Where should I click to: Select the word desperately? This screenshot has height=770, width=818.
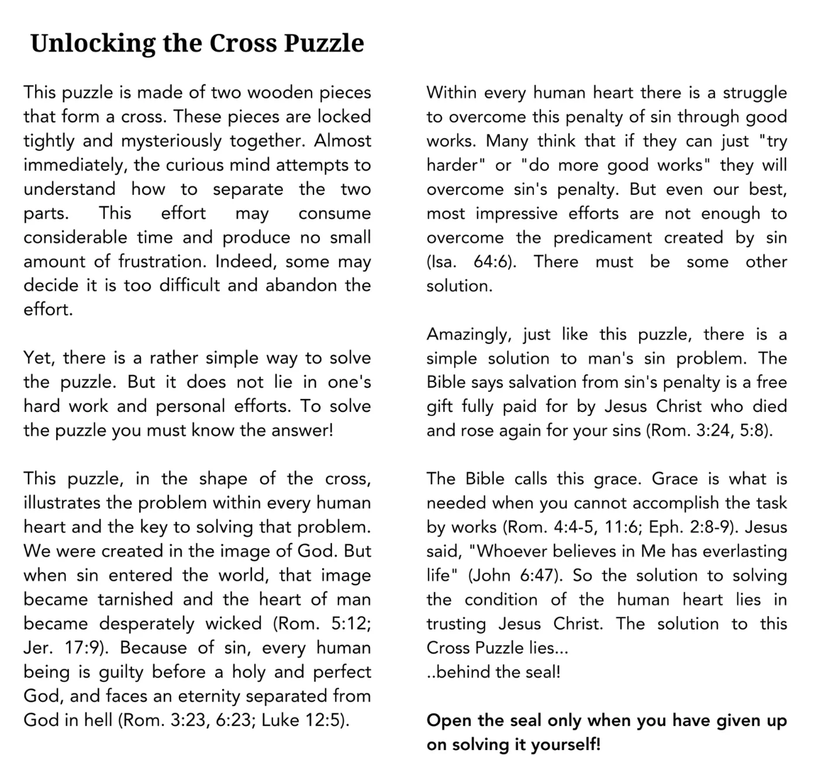pyautogui.click(x=147, y=624)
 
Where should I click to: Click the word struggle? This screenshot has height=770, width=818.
pyautogui.click(x=755, y=93)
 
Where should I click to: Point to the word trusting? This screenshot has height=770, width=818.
pyautogui.click(x=456, y=624)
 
